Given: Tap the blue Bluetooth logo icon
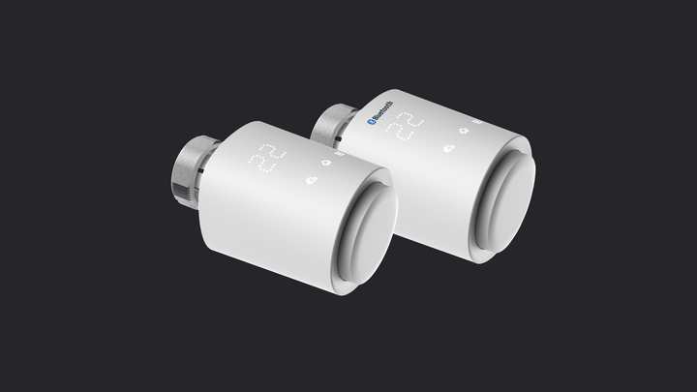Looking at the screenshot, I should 369,123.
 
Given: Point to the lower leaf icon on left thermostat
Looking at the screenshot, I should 311,179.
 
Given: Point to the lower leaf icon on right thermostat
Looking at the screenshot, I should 450,148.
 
